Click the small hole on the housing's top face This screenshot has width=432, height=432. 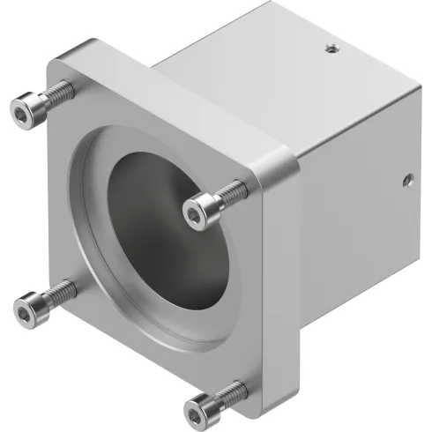pyautogui.click(x=330, y=49)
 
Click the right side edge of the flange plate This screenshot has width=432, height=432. pyautogui.click(x=280, y=291)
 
